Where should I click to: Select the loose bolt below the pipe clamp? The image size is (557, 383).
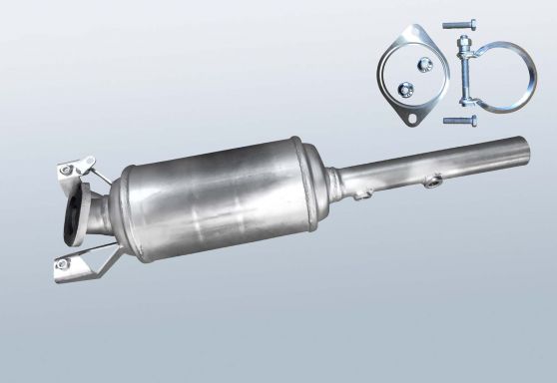(457, 122)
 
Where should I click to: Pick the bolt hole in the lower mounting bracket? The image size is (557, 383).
(63, 264)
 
